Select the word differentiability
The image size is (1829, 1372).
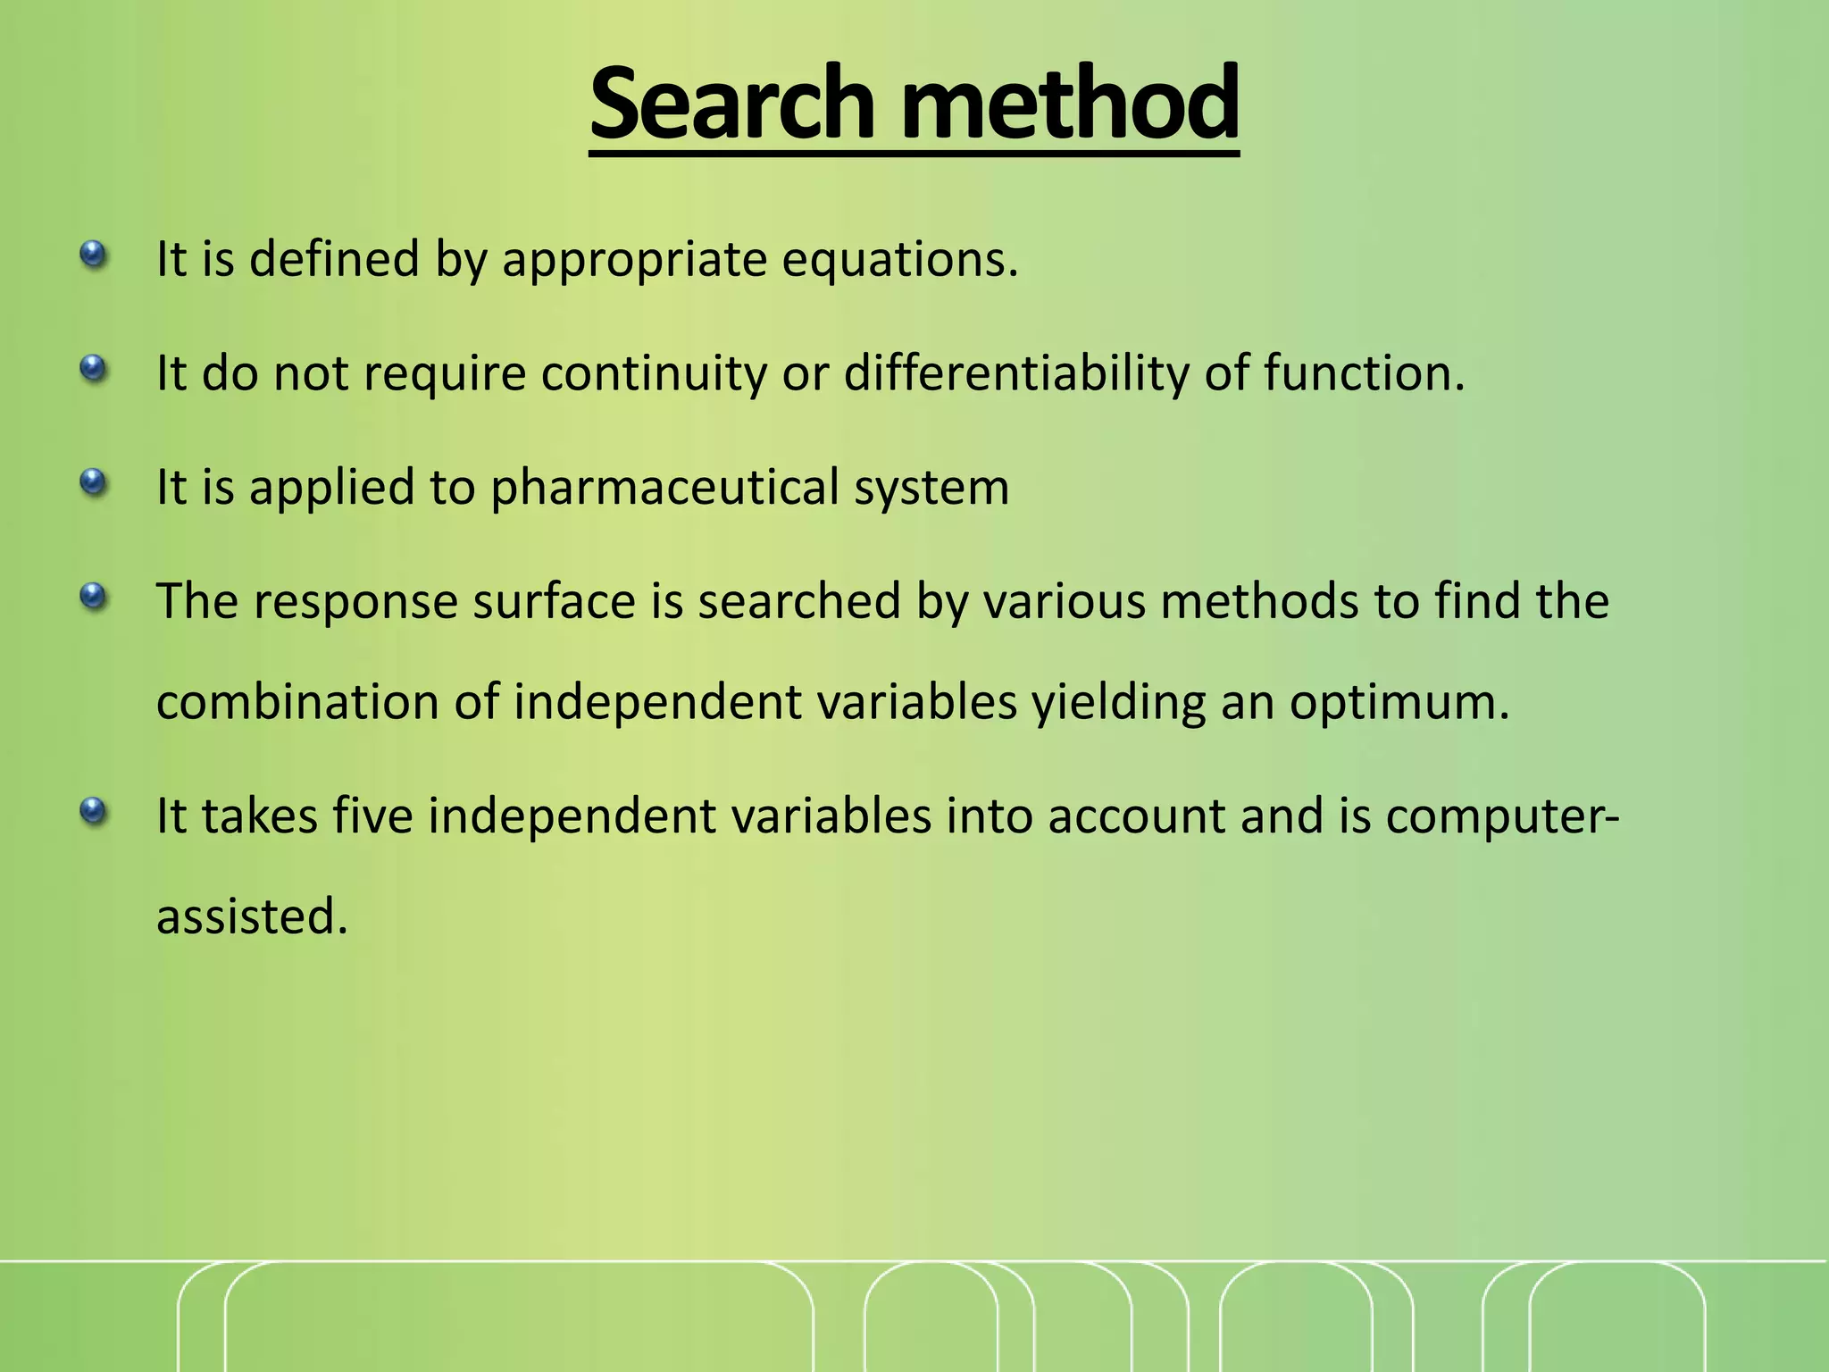pyautogui.click(x=1016, y=372)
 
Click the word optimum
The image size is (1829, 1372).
pyautogui.click(x=1399, y=702)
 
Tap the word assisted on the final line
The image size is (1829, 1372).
pyautogui.click(x=251, y=916)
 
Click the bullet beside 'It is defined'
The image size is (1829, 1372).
pyautogui.click(x=93, y=255)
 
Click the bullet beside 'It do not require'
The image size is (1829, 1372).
pyautogui.click(x=93, y=368)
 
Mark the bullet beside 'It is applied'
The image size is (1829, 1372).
pyautogui.click(x=93, y=483)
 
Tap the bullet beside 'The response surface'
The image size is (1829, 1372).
pyautogui.click(x=93, y=596)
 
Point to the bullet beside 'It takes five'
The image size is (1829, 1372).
pyautogui.click(x=93, y=812)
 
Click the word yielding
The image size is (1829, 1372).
pyautogui.click(x=1119, y=702)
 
